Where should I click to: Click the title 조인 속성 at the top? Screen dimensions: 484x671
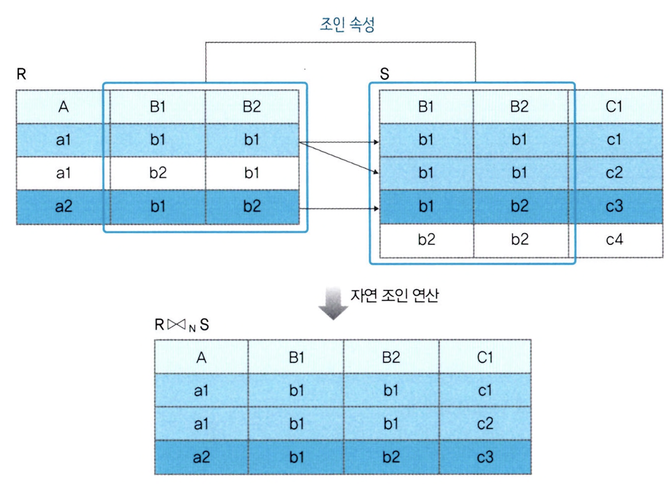(x=347, y=24)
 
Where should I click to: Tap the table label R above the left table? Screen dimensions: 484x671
(x=21, y=74)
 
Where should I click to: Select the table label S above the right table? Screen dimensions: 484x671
(x=384, y=74)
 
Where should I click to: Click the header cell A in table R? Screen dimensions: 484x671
(x=63, y=107)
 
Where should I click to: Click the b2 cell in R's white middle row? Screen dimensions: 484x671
(x=157, y=173)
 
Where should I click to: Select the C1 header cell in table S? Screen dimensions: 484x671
(x=613, y=107)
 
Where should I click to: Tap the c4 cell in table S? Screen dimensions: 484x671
(x=614, y=240)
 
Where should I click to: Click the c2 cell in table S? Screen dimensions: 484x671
(x=614, y=173)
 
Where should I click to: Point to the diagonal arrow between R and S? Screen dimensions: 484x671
(x=339, y=158)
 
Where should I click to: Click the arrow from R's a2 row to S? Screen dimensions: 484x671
(x=339, y=209)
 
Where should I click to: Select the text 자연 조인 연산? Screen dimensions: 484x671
(x=394, y=295)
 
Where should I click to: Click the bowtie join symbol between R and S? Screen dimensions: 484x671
(x=176, y=325)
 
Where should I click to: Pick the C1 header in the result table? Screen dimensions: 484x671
(x=485, y=358)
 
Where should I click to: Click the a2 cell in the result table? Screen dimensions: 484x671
(x=201, y=457)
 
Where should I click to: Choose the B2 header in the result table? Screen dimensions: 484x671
(x=391, y=358)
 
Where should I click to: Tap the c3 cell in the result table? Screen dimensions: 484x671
(x=485, y=457)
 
